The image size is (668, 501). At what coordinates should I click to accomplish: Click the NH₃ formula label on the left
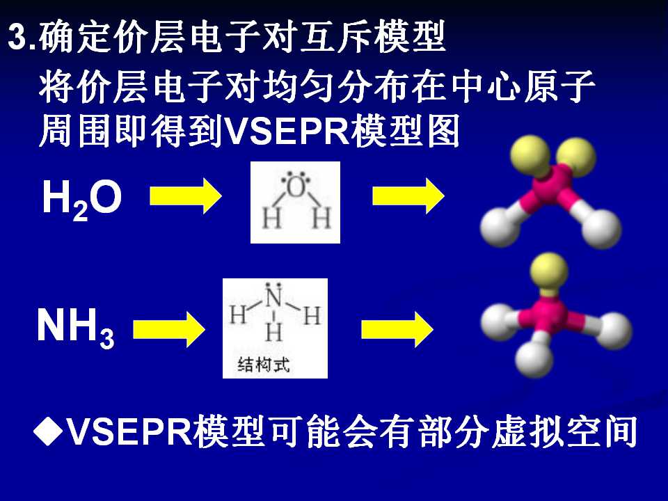coord(76,327)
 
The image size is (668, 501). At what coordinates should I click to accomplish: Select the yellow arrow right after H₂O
coord(186,196)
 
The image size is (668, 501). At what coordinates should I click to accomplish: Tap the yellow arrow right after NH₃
coord(169,329)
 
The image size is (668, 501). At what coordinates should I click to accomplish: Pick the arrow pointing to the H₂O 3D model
coord(408,196)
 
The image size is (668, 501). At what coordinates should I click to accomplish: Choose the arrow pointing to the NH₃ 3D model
coord(397,329)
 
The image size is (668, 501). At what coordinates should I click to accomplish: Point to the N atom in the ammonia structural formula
coord(274,297)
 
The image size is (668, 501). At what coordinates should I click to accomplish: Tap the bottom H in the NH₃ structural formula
coord(274,332)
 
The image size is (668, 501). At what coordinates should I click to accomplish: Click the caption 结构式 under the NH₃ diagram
coord(264,365)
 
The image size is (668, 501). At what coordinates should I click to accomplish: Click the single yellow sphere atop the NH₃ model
coord(549,271)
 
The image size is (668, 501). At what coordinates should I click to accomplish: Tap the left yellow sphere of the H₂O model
coord(530,155)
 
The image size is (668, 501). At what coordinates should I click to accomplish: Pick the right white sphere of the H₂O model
coord(601,229)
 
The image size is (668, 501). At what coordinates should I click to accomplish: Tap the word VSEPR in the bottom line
coord(130,431)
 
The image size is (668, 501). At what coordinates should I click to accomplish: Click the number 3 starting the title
coord(17,37)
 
